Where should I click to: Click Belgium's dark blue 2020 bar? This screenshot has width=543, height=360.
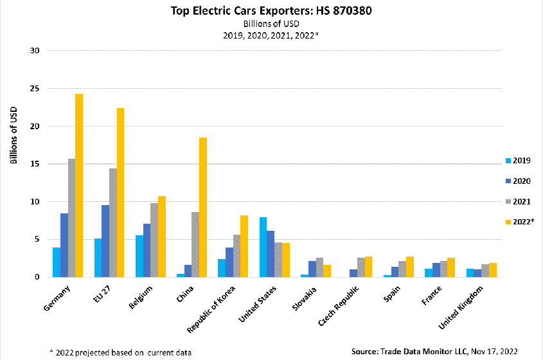point(147,250)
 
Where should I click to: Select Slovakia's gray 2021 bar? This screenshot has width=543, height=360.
point(319,267)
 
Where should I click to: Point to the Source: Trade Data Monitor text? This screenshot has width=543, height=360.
point(436,351)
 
